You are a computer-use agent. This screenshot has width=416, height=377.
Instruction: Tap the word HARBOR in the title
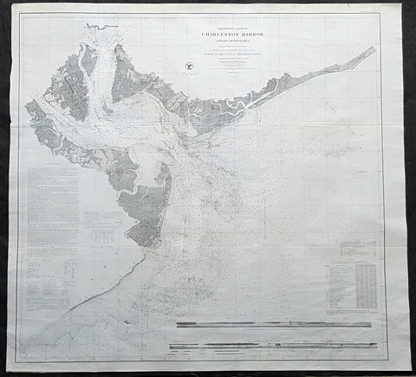(252, 37)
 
